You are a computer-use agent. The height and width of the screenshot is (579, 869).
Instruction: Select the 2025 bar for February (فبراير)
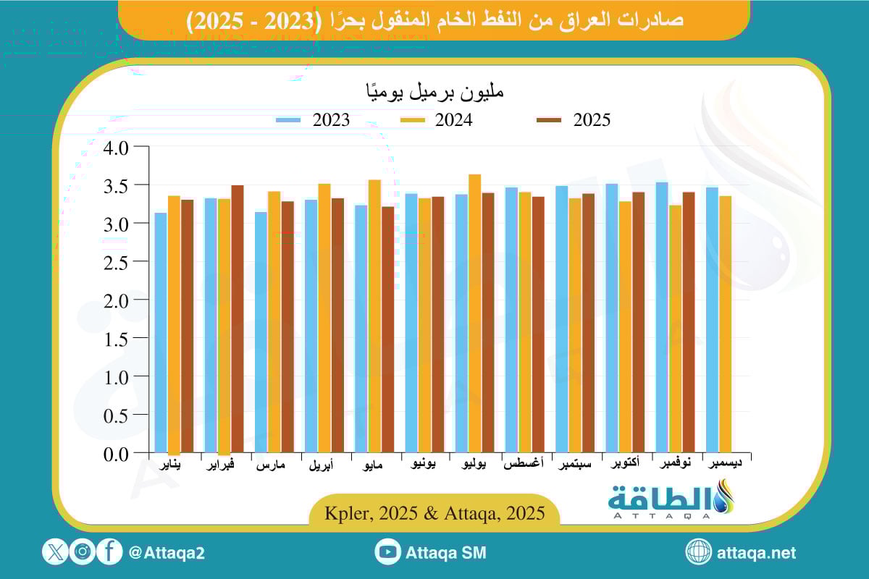238,318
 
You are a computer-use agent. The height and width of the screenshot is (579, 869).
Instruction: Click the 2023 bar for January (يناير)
161,332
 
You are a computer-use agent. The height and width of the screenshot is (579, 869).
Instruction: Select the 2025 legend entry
573,120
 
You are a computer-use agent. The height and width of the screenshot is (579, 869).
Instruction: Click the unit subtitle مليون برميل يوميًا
433,93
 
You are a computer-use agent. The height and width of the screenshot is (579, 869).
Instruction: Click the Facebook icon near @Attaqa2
109,552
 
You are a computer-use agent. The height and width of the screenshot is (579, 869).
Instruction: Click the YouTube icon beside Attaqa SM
388,552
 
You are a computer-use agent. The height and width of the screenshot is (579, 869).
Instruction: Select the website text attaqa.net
756,552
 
